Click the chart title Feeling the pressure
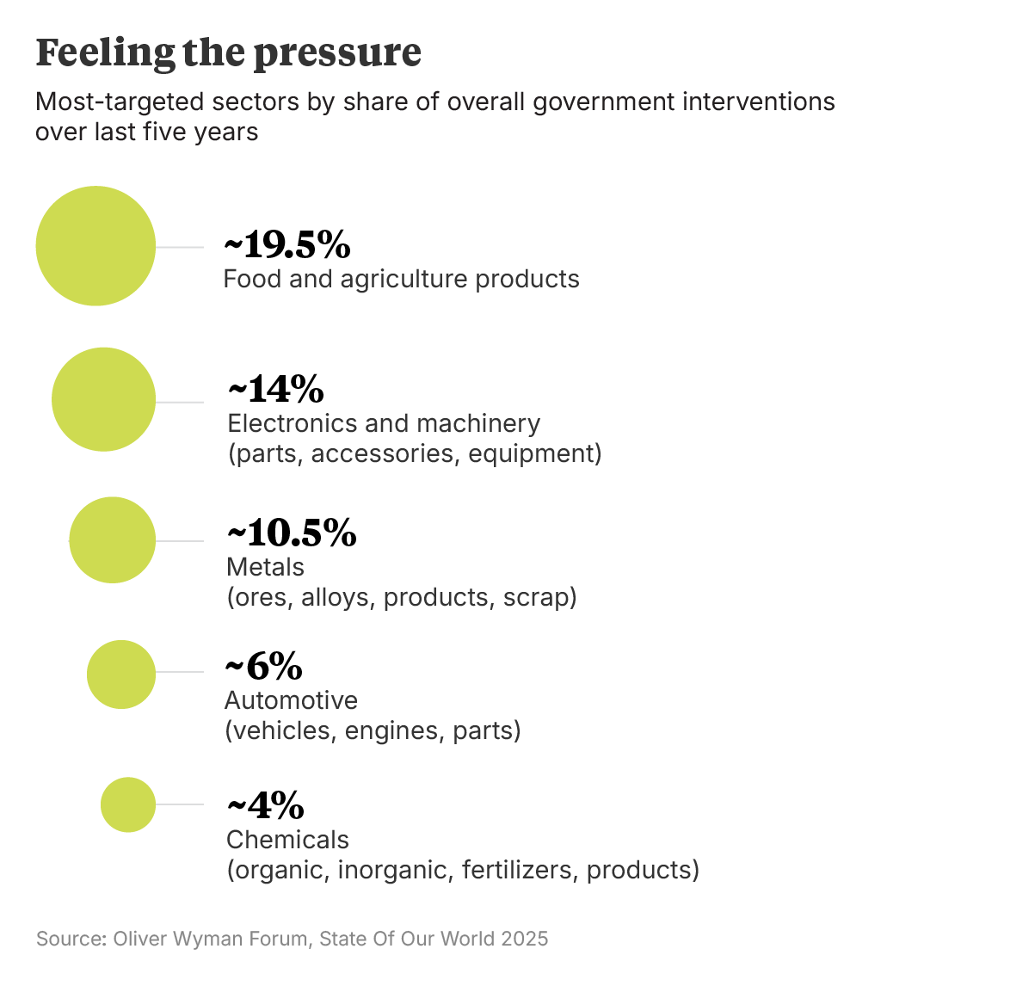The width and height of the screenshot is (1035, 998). [228, 52]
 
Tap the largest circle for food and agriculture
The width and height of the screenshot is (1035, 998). [95, 246]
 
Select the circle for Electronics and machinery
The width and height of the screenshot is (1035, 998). [103, 399]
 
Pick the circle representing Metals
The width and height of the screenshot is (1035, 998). [112, 540]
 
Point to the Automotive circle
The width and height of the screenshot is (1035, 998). [121, 675]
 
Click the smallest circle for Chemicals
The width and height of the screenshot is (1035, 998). [128, 804]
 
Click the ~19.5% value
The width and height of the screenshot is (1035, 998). [287, 245]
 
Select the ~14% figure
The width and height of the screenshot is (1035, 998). [275, 389]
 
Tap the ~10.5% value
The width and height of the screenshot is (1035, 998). [291, 533]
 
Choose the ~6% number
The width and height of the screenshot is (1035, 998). [263, 667]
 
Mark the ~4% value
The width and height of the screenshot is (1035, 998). [265, 806]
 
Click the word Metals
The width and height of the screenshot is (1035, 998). [265, 568]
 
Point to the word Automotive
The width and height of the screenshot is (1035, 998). [291, 700]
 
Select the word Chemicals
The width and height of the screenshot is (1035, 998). [287, 840]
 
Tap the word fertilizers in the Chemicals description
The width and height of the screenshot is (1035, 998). [520, 870]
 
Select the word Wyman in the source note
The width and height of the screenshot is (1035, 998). [207, 939]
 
